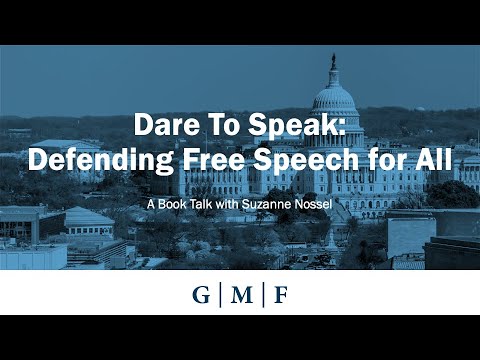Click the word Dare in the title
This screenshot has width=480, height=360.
coord(163,127)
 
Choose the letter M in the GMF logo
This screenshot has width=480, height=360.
coord(240,297)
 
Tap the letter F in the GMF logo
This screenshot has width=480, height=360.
coord(281,297)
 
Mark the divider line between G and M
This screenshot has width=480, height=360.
coord(219,297)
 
